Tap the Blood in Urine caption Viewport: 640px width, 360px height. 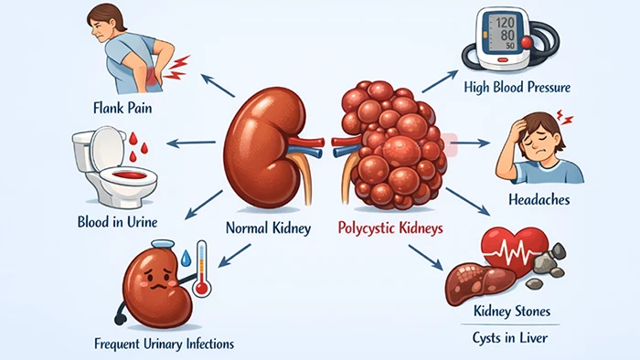coord(123,220)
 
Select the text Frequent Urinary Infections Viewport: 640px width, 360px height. coord(164,344)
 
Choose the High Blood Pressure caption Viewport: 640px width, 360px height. coord(517,89)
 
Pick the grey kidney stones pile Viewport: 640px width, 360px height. coord(551,261)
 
